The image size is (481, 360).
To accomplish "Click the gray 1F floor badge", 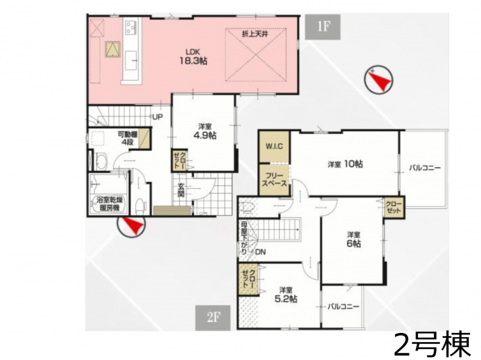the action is [323, 27].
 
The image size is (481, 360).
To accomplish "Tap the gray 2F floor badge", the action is [213, 318].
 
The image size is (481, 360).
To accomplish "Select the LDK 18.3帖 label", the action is [193, 56].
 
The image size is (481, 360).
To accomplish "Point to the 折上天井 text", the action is [255, 34].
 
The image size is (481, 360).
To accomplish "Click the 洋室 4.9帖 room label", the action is [205, 131].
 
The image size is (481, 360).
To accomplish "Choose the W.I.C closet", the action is [274, 146].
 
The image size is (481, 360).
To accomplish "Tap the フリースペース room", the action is [274, 180].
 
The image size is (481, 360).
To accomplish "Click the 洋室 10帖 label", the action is [345, 164].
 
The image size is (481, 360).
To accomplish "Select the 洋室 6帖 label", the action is [354, 239].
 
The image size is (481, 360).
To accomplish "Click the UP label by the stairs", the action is [158, 117].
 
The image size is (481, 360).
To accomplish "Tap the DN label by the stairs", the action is [260, 252].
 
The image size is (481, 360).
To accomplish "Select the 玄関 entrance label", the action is [182, 190].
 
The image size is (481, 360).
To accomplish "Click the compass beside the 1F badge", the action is [378, 80].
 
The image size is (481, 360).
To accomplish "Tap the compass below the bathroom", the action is [131, 227].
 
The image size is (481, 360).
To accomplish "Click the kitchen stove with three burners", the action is [131, 26].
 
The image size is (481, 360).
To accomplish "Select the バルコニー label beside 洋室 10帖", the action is [425, 168].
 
